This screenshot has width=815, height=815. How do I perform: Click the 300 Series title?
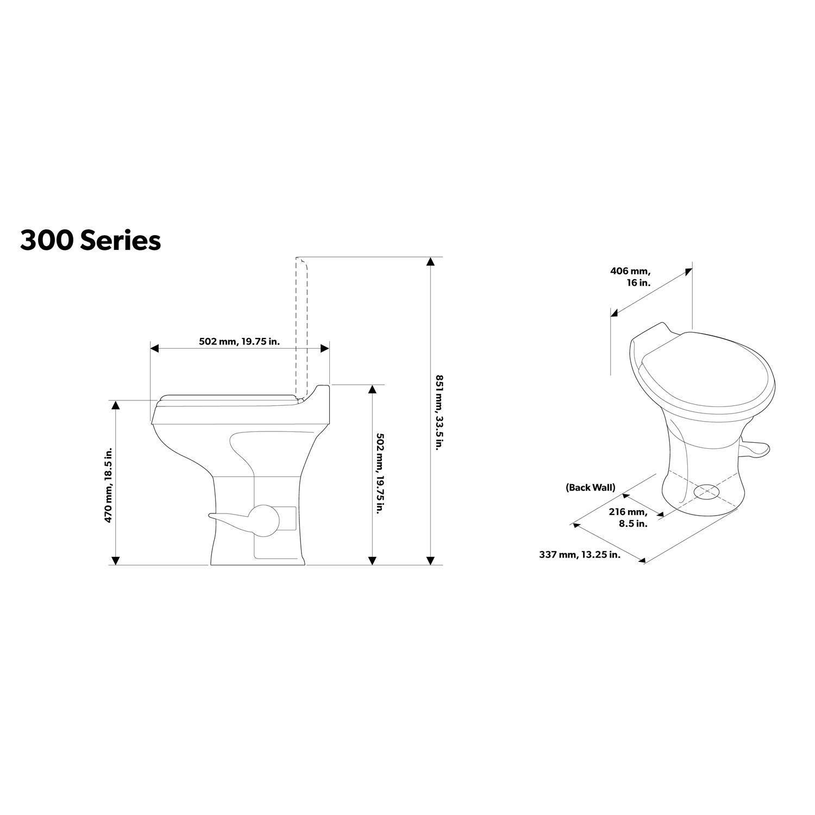click(x=91, y=240)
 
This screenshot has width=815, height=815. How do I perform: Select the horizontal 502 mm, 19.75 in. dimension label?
click(x=240, y=342)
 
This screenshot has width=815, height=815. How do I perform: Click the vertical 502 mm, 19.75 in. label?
click(x=380, y=473)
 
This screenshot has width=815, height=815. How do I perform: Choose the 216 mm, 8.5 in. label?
click(x=629, y=518)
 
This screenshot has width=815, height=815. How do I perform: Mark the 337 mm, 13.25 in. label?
click(x=579, y=555)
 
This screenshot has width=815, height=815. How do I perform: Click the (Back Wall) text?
click(x=591, y=487)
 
